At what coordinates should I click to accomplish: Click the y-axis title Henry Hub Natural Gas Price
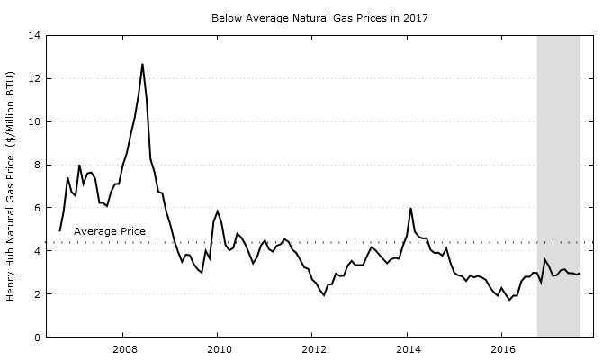[x=12, y=186]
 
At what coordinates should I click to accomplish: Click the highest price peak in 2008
[x=142, y=64]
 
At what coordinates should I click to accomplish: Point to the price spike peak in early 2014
[x=410, y=209]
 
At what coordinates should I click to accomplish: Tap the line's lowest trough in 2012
[x=324, y=295]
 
